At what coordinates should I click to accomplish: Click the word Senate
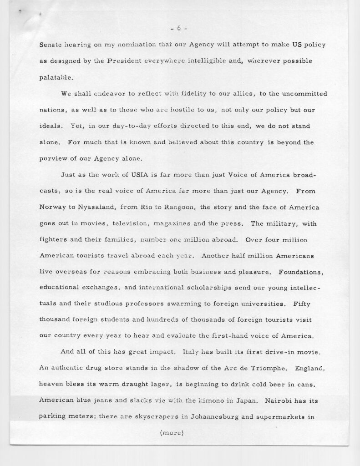pos(52,47)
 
